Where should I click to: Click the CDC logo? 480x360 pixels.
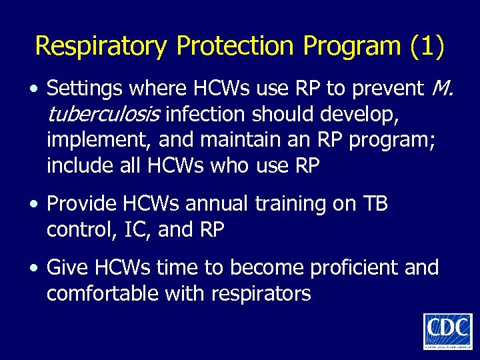[x=447, y=331]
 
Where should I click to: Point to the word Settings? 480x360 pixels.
[x=84, y=88]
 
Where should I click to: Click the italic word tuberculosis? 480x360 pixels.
[x=104, y=115]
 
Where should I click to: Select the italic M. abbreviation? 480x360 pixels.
[x=442, y=88]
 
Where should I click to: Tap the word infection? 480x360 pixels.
[x=207, y=115]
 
